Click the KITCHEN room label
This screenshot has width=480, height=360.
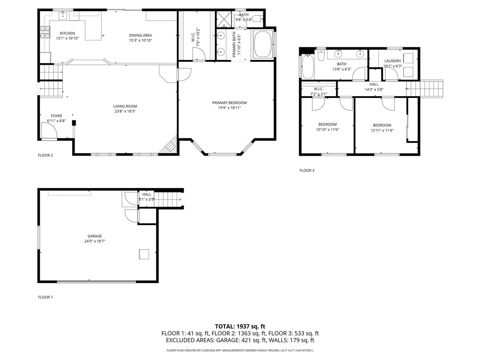67,33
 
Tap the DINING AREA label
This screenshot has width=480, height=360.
141,35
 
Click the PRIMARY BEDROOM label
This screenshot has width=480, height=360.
229,103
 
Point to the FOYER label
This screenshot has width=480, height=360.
56,116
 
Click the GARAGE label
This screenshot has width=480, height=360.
94,236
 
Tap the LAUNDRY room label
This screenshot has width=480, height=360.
392,61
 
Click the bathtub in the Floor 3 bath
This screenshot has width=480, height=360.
307,67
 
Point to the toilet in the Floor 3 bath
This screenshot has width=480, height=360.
322,56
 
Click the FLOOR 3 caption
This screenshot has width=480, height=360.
307,171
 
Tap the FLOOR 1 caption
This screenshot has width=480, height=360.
45,297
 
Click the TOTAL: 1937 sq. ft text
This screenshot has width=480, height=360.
240,326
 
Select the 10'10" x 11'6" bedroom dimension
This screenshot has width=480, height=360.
328,130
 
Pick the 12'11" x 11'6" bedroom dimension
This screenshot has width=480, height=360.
382,130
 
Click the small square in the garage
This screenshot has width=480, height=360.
143,254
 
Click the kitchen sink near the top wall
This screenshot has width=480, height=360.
62,16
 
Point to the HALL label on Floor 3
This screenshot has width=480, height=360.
374,84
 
